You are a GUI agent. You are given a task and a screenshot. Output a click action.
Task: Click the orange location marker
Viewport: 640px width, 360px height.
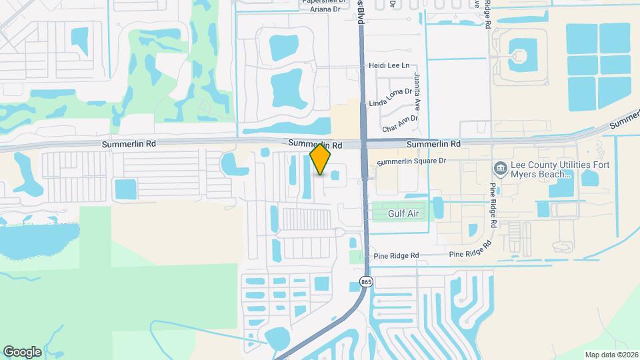321,160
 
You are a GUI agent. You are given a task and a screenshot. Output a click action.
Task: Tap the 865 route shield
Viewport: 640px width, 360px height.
365,282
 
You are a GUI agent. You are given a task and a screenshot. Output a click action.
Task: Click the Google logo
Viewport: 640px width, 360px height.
22,352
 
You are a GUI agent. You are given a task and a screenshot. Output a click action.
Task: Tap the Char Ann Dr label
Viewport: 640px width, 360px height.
399,123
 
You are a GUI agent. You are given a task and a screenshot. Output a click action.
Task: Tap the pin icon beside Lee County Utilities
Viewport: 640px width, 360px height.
500,167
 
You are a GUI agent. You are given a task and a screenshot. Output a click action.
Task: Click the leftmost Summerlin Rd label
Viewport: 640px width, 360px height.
129,144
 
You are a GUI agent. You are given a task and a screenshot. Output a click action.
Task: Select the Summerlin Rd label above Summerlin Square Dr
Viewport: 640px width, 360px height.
433,144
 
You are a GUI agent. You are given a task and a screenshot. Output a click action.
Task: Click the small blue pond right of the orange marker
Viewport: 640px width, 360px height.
335,175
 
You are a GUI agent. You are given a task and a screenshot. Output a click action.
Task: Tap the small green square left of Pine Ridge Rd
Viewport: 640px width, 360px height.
354,257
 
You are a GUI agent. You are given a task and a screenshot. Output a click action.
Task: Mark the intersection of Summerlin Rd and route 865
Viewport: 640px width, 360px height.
365,143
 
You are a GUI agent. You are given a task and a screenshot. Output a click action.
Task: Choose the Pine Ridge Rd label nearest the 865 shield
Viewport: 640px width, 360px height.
396,255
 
